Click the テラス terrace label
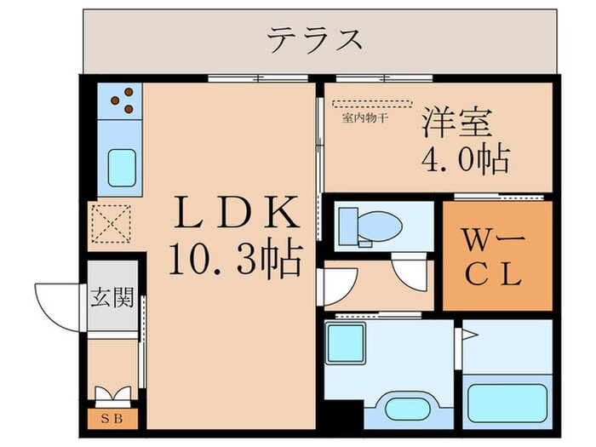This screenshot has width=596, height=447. tap(316, 39)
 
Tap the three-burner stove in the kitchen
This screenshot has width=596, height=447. tap(122, 100)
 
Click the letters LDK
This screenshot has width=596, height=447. tap(236, 213)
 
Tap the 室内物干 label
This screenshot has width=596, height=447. tap(365, 118)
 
